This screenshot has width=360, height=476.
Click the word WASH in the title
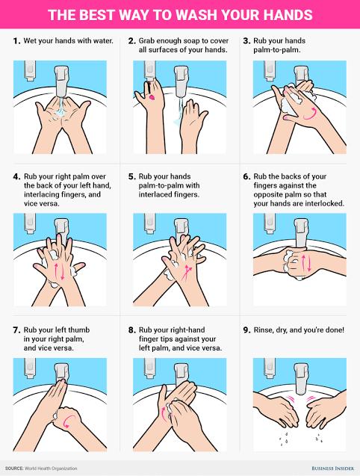[196, 15]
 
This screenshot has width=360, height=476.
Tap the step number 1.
[16, 40]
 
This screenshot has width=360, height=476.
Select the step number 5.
[131, 176]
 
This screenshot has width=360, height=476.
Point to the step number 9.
[246, 330]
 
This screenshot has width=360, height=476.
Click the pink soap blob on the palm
[152, 97]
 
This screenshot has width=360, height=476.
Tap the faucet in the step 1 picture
[62, 81]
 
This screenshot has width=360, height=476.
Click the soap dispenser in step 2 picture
[149, 71]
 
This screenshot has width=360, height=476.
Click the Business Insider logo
[332, 469]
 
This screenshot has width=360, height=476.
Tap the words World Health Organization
[51, 469]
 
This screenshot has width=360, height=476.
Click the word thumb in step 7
[79, 330]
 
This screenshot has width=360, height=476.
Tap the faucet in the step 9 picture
[301, 379]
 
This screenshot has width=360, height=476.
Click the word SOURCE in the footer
[14, 469]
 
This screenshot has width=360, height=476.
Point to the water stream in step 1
[60, 106]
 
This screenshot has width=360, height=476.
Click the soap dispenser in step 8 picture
[149, 368]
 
